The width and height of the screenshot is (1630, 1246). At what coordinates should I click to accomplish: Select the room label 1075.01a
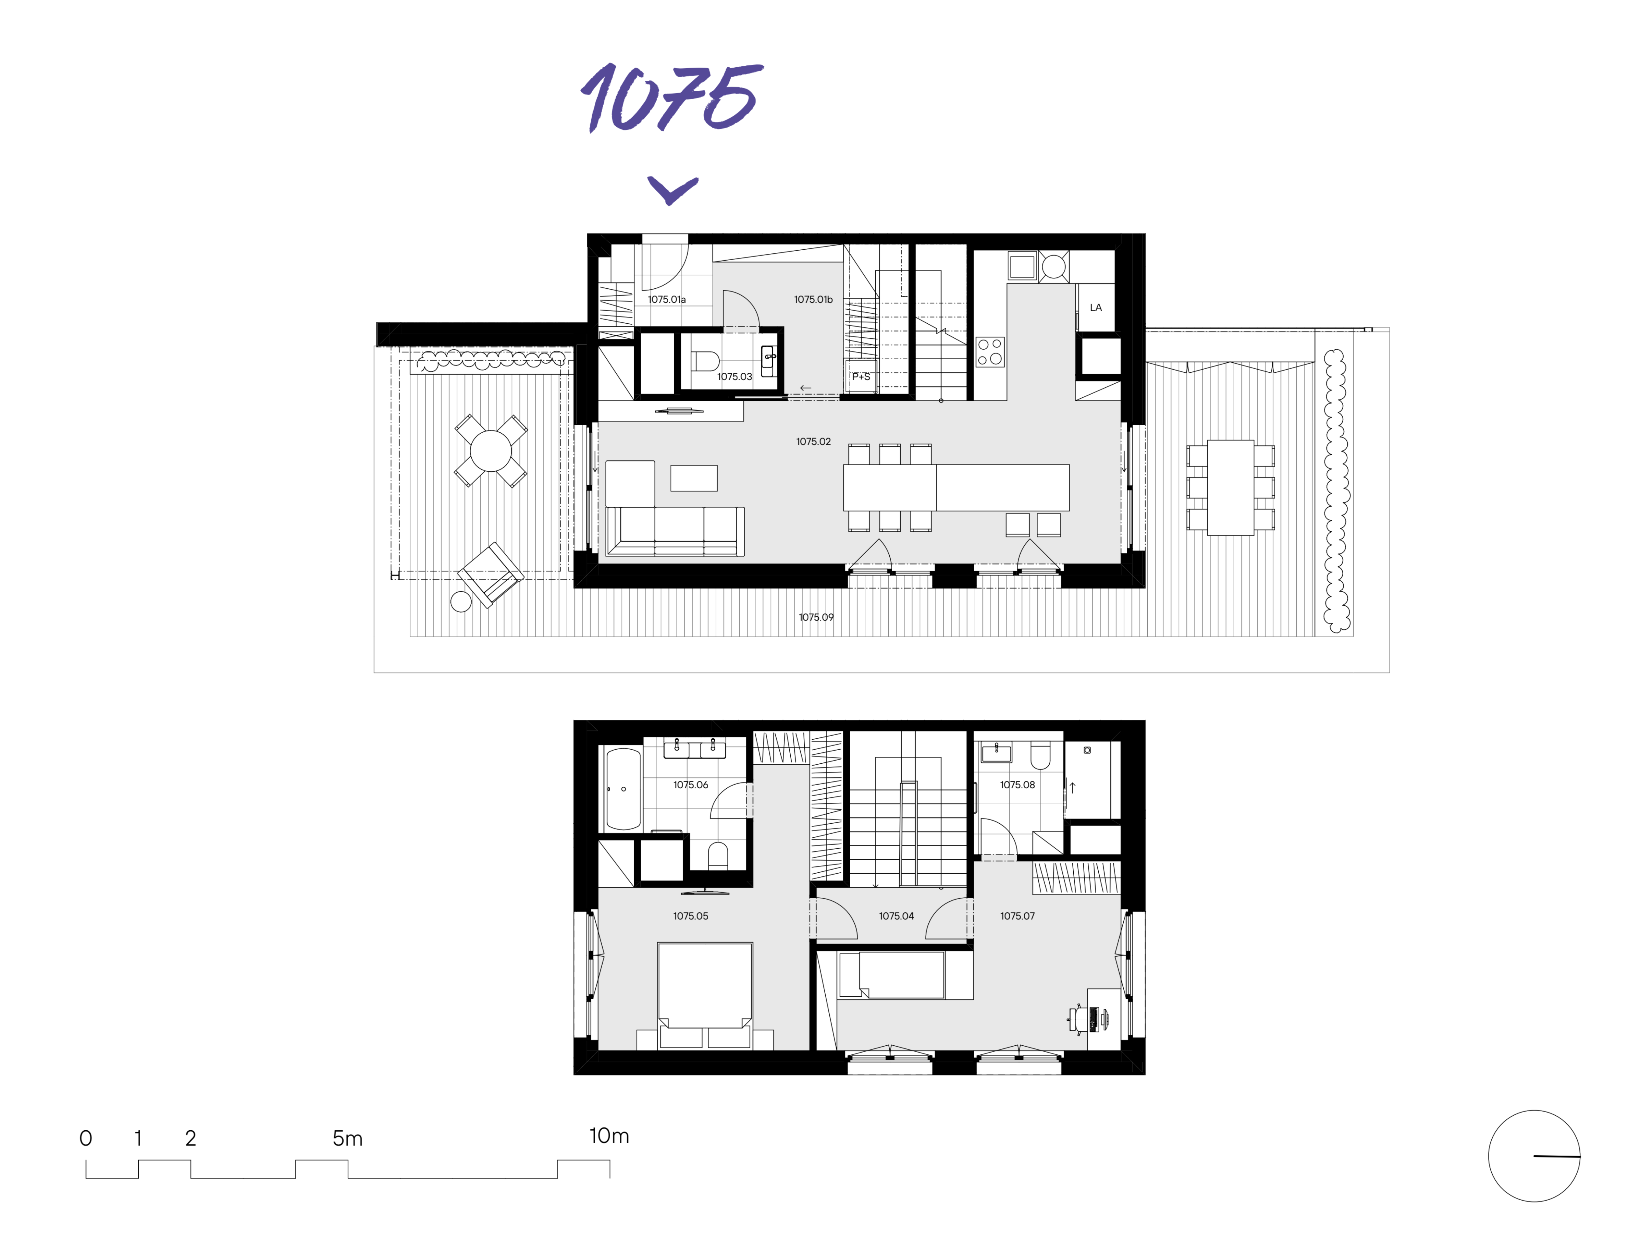666,300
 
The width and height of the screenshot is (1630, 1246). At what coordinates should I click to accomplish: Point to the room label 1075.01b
813,300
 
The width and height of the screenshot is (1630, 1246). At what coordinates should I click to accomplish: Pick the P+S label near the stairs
861,377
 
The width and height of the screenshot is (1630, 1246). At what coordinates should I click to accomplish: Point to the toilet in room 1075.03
705,361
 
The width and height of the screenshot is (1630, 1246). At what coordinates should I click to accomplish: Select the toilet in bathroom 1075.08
1040,755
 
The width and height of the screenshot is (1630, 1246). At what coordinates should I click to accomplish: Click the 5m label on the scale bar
347,1139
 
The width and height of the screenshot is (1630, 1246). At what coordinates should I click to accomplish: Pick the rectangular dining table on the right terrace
1230,488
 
